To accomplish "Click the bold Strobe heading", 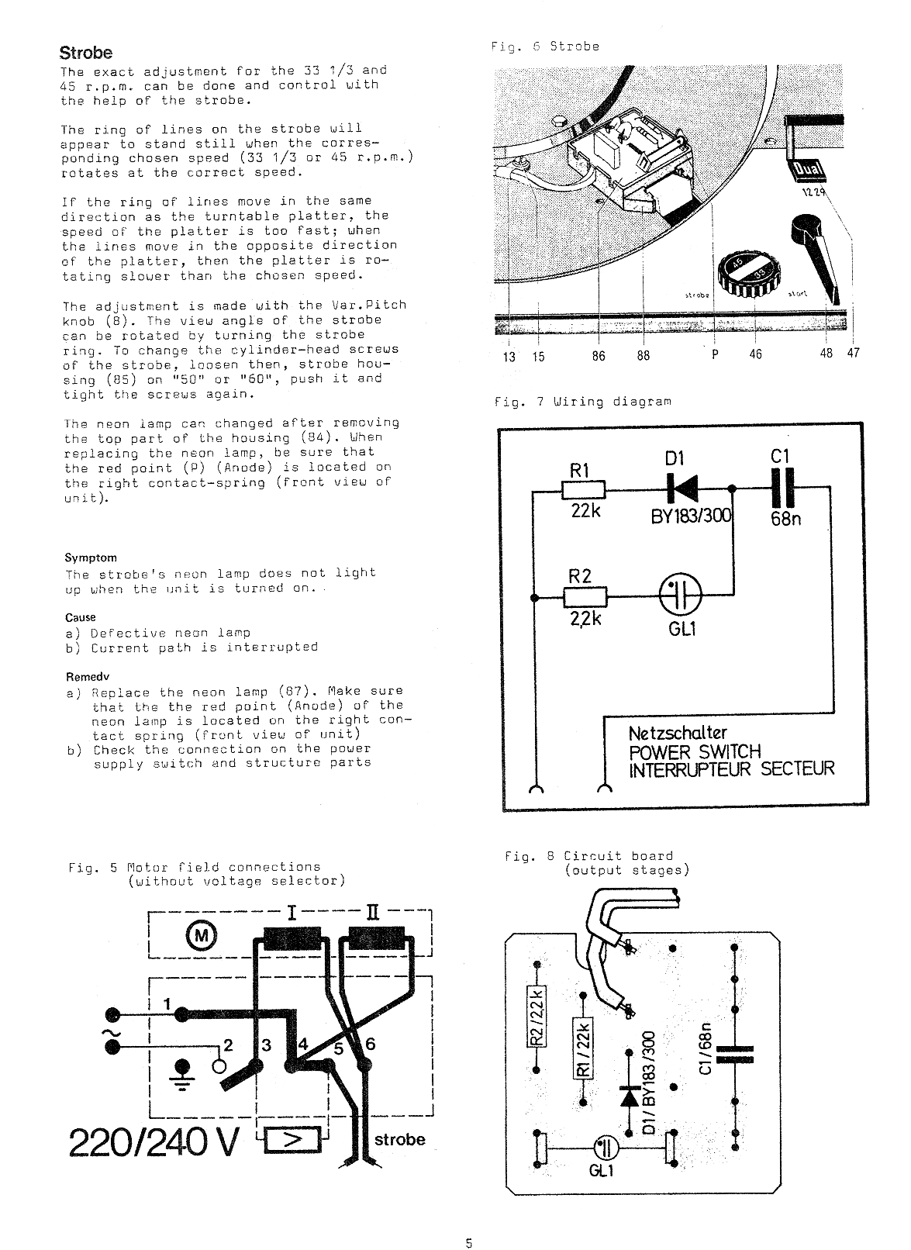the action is tap(86, 53).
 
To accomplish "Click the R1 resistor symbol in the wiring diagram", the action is tap(584, 490).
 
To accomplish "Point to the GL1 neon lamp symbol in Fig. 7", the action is tap(681, 596).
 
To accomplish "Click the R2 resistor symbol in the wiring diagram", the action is tap(585, 596).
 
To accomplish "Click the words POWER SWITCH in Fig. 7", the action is tap(695, 751).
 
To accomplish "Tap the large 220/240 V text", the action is tap(154, 1142).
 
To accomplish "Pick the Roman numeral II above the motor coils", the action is tap(372, 913).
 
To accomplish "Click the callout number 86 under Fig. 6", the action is tap(599, 355).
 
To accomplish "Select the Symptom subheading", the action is tap(91, 558).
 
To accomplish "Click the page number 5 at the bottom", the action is tap(468, 1243).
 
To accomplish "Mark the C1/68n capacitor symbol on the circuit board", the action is tap(734, 1054).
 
